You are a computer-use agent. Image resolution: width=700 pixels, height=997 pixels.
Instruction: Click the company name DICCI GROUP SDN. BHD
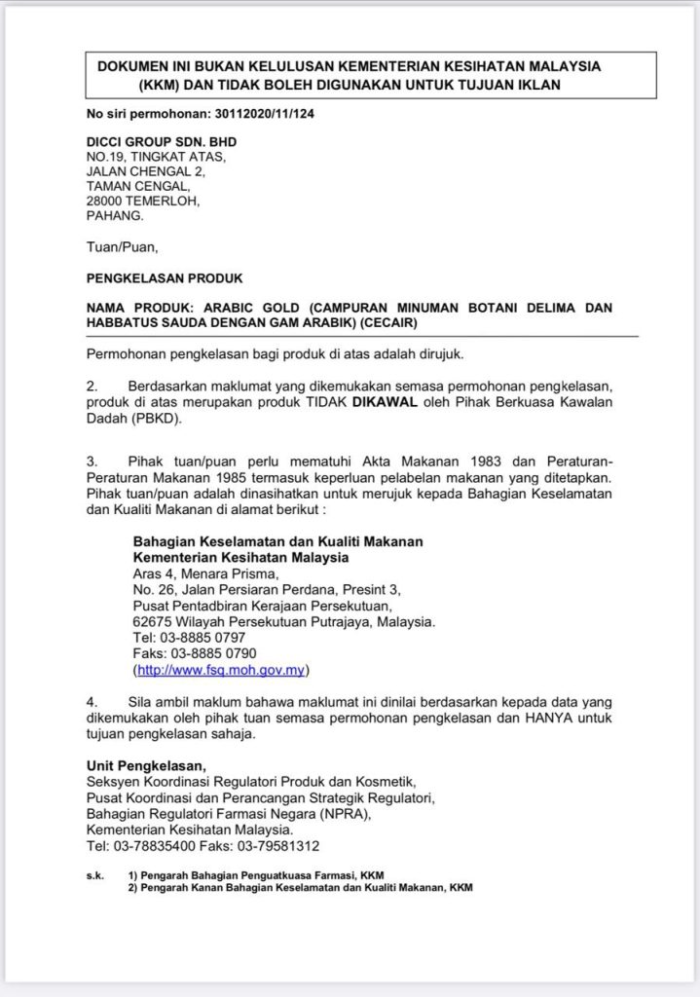tap(162, 141)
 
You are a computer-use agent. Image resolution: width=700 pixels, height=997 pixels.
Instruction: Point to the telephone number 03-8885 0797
tap(197, 637)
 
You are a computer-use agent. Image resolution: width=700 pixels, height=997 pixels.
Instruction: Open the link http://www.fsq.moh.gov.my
tap(224, 670)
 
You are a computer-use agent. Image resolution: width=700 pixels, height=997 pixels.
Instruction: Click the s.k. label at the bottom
tap(95, 876)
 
